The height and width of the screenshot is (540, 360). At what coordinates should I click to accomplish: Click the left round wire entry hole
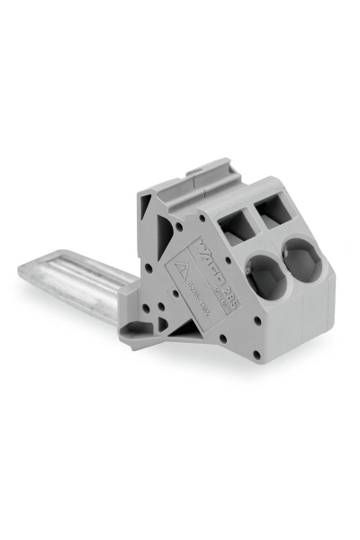pos(267,278)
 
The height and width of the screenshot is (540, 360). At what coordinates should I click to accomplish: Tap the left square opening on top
pos(236,225)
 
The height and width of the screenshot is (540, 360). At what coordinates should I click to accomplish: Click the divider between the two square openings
pos(255,219)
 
